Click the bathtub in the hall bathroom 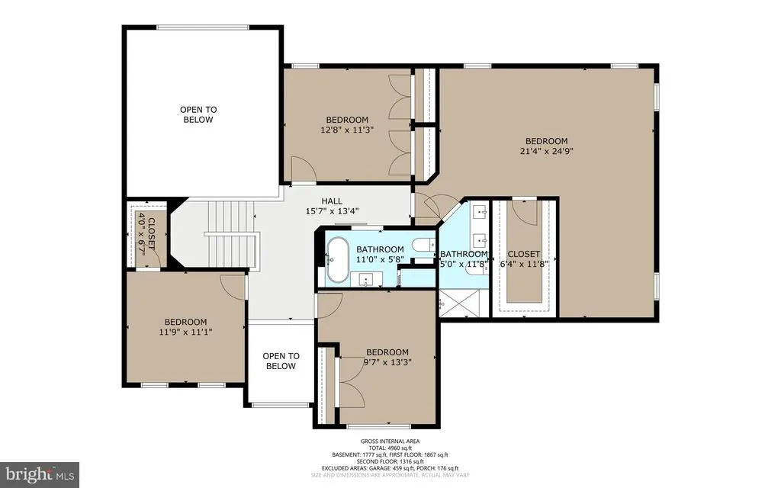click(x=338, y=259)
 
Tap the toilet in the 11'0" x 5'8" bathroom click(x=426, y=245)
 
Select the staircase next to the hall click(x=232, y=234)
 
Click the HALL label click(x=332, y=201)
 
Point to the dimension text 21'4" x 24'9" click(x=546, y=151)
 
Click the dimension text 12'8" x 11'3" click(x=347, y=130)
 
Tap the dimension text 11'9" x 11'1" click(x=185, y=332)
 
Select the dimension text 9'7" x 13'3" click(x=387, y=362)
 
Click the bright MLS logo click(x=40, y=474)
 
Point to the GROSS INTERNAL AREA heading click(x=390, y=441)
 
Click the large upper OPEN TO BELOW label click(x=198, y=114)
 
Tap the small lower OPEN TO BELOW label click(x=281, y=361)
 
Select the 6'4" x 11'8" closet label click(x=524, y=259)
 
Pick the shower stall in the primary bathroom click(x=460, y=302)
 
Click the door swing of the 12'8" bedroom click(x=304, y=169)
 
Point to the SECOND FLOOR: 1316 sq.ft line click(x=390, y=461)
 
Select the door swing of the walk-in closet click(x=525, y=213)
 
